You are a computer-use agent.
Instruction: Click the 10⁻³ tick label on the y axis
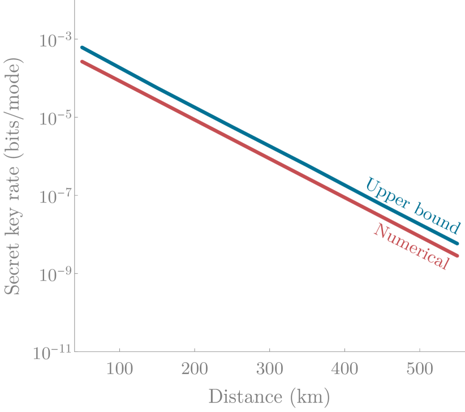(51, 40)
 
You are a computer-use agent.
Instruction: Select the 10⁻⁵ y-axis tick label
(51, 118)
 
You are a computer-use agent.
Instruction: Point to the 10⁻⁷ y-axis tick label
(51, 196)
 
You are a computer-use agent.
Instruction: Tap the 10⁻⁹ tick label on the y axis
(51, 274)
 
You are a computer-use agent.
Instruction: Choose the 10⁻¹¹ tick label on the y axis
(50, 353)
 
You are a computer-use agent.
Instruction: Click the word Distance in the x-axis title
(243, 396)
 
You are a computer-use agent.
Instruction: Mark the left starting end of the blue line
(83, 48)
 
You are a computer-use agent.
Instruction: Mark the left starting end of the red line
(83, 61)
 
